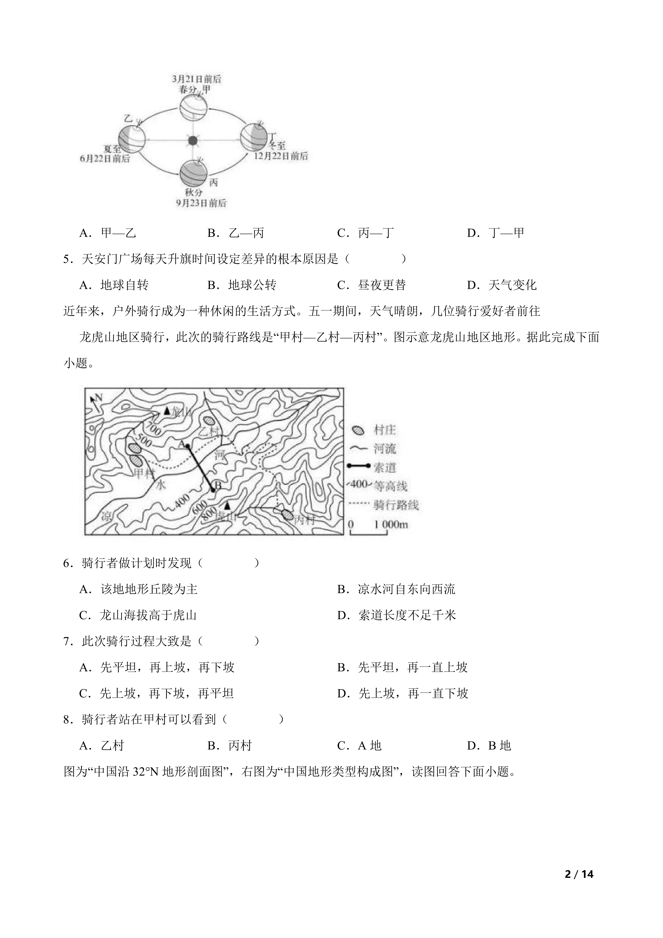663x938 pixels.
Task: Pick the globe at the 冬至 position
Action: tap(253, 136)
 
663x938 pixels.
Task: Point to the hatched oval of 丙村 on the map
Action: tap(288, 515)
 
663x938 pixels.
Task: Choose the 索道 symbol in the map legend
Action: tap(358, 466)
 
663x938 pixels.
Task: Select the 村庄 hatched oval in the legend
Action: tap(358, 430)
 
